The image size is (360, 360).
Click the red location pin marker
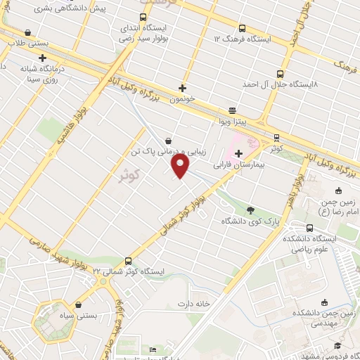click(181, 166)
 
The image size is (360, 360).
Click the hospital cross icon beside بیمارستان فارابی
click(238, 153)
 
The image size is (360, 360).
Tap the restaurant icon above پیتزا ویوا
click(233, 111)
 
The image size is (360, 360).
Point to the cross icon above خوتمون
click(183, 89)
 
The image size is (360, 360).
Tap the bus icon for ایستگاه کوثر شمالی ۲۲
click(128, 260)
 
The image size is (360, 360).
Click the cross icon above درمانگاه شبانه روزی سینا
click(43, 58)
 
